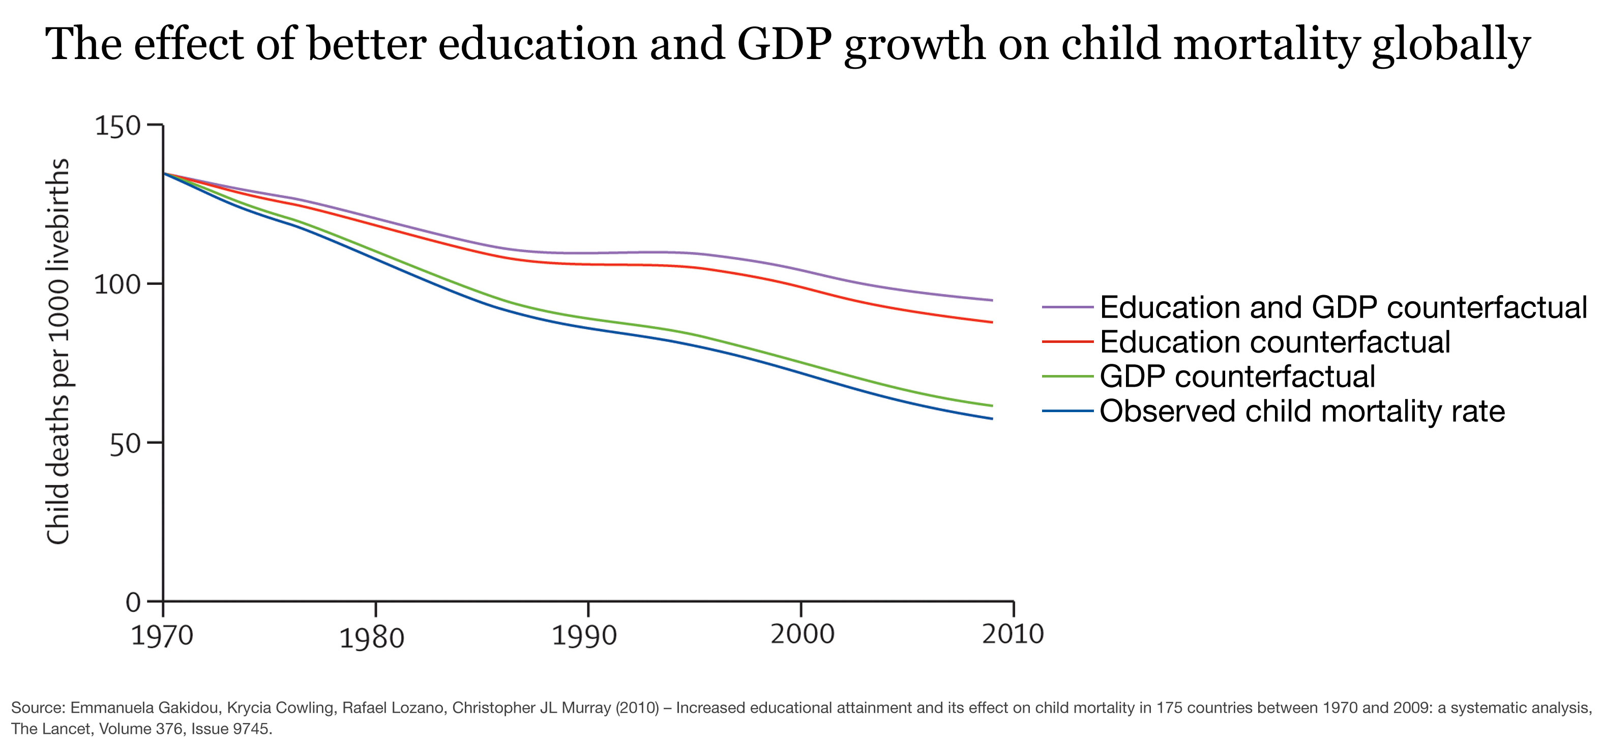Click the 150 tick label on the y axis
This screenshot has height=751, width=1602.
pyautogui.click(x=117, y=126)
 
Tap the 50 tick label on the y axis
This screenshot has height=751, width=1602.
pyautogui.click(x=126, y=444)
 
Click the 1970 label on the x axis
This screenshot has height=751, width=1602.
pyautogui.click(x=162, y=636)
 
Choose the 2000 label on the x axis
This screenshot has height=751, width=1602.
pyautogui.click(x=802, y=634)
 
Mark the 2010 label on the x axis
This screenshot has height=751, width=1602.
pyautogui.click(x=1013, y=634)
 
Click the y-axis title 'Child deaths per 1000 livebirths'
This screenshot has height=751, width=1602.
pyautogui.click(x=58, y=352)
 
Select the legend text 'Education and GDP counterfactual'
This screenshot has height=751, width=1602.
pyautogui.click(x=1343, y=307)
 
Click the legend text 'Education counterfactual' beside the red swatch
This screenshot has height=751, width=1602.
pyautogui.click(x=1275, y=342)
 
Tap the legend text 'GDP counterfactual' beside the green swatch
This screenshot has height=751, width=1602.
pyautogui.click(x=1237, y=377)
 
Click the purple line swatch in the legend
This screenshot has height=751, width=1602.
pyautogui.click(x=1067, y=307)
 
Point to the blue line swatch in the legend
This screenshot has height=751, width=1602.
pyautogui.click(x=1067, y=411)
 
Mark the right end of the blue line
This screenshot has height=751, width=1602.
pyautogui.click(x=992, y=419)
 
